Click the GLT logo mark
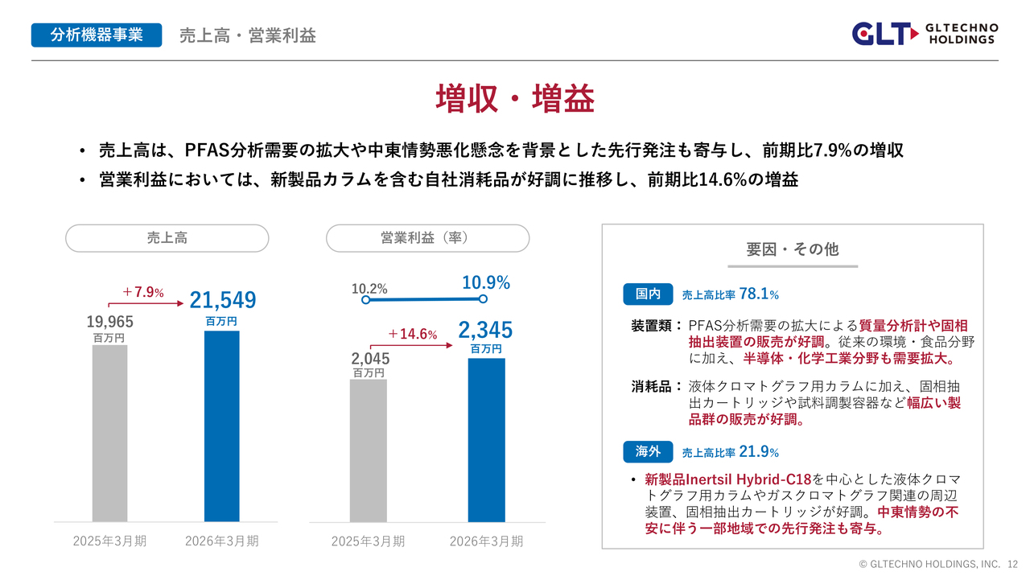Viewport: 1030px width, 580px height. (885, 34)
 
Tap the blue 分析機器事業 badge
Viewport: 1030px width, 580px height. (97, 35)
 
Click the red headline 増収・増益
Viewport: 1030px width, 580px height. (515, 99)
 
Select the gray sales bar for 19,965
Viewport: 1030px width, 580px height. (110, 434)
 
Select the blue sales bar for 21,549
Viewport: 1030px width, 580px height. (221, 426)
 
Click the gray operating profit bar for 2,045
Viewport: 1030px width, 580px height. (369, 450)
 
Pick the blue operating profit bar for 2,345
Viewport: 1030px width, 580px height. (487, 440)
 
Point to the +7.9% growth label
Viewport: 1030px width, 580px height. (143, 292)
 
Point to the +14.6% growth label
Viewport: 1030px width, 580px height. (413, 334)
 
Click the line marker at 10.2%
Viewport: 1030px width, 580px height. (365, 300)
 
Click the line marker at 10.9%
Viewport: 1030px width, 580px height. (483, 299)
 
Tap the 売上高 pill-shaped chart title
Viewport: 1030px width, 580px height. (167, 238)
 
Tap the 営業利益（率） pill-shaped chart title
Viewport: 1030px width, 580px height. (427, 238)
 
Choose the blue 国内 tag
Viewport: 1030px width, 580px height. (648, 294)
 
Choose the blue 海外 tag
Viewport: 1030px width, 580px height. (648, 452)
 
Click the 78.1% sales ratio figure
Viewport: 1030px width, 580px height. (759, 294)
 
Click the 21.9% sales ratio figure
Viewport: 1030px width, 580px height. (759, 452)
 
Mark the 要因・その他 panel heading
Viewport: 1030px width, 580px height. (793, 249)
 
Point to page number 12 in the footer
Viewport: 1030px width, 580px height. (1012, 564)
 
